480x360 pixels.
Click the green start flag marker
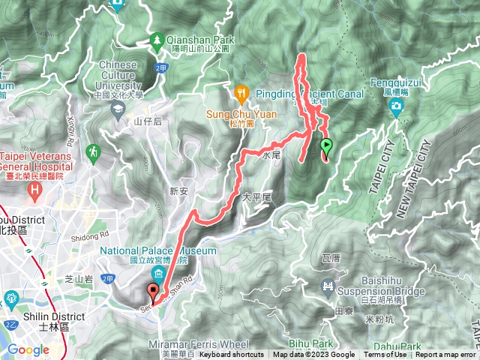point(326,145)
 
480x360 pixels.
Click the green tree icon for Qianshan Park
point(158,38)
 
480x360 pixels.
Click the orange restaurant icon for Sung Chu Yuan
point(241,94)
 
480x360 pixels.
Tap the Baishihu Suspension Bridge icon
point(328,286)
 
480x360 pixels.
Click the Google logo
point(28,349)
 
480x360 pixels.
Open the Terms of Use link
point(385,355)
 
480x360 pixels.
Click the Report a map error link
point(445,355)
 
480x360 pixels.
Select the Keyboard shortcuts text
point(232,355)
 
